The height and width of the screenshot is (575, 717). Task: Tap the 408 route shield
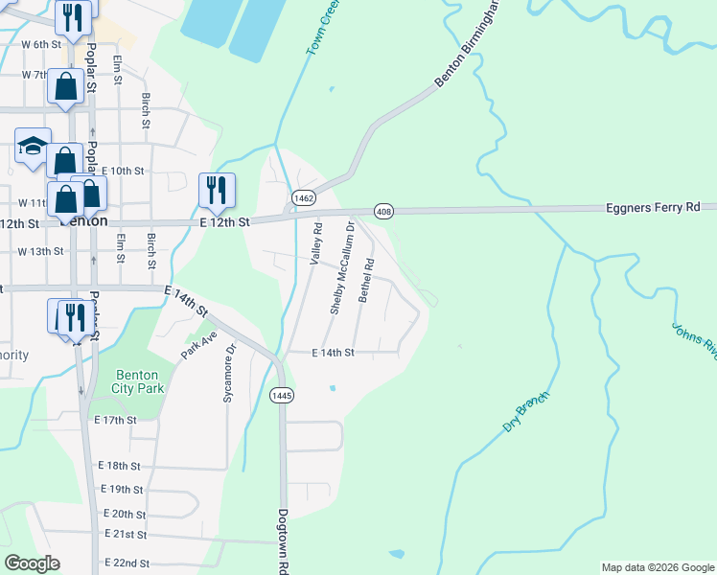[383, 211]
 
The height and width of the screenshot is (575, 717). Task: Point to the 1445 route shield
[281, 395]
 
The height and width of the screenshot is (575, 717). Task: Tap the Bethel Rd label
[366, 279]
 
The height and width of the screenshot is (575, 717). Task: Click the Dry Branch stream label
[526, 412]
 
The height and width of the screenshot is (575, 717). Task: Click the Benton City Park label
[140, 381]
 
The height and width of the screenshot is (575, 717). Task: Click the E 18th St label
[120, 466]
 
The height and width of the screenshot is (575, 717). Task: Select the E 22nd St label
[126, 563]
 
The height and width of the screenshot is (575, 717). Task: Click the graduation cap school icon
[33, 147]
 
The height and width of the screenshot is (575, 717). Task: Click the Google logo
[32, 563]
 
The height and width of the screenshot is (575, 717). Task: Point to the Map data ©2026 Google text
[657, 567]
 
